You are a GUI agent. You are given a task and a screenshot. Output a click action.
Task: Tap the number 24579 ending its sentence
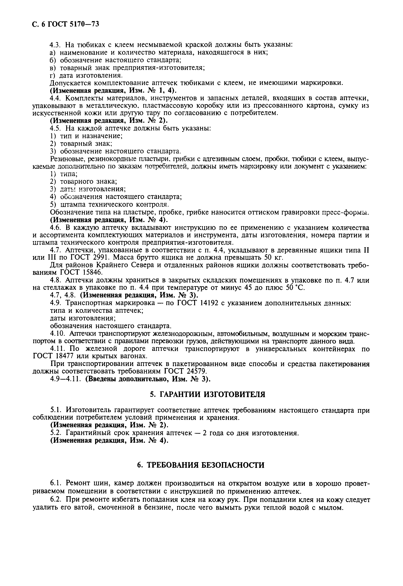(x=194, y=371)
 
